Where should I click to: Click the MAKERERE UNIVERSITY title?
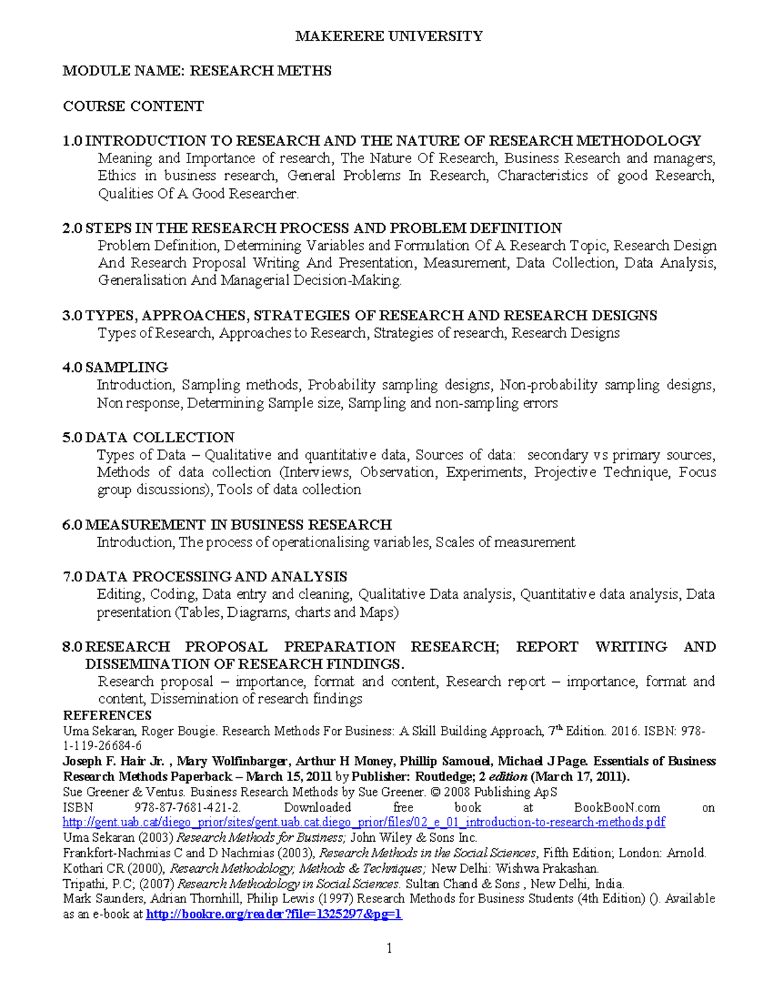pos(388,36)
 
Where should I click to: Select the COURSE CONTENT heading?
pos(133,106)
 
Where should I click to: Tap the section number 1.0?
pos(72,141)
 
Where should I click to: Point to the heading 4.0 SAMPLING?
pos(115,368)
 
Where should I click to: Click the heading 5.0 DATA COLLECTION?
pos(148,438)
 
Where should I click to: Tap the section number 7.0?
pos(72,577)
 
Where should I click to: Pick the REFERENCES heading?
pos(107,715)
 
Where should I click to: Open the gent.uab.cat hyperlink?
pos(364,822)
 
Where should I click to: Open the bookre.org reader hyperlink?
pos(274,914)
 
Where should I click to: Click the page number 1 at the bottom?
pos(389,948)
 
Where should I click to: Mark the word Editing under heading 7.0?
pos(120,594)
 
